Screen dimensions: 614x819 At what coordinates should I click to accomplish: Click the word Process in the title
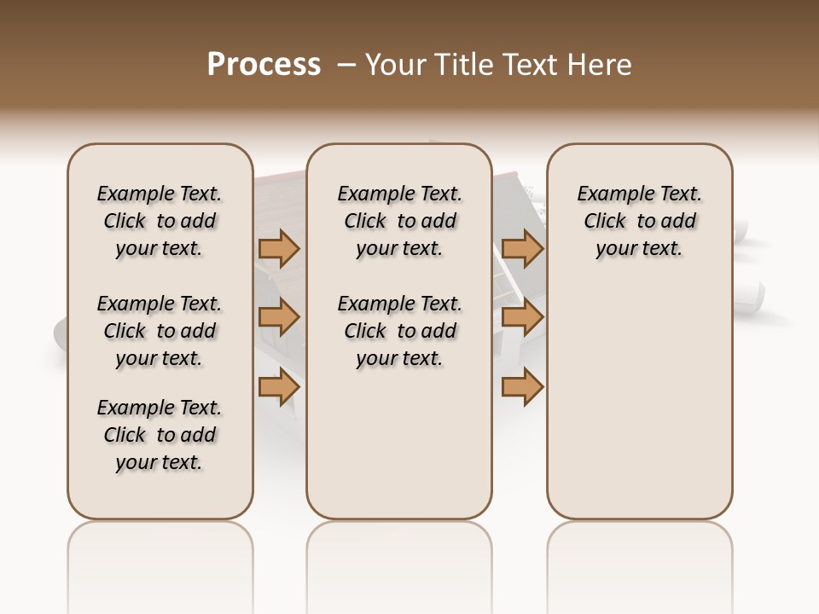pyautogui.click(x=264, y=64)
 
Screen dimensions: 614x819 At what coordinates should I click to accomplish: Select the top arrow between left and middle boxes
pyautogui.click(x=279, y=248)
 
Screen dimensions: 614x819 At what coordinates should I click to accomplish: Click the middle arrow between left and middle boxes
pyautogui.click(x=279, y=317)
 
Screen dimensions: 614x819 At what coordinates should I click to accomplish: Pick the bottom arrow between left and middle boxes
pyautogui.click(x=279, y=386)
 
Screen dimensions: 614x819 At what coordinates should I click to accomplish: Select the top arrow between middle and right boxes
pyautogui.click(x=522, y=248)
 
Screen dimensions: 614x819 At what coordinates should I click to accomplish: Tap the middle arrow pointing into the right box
pyautogui.click(x=522, y=317)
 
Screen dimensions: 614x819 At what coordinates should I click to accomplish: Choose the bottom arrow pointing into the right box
pyautogui.click(x=522, y=386)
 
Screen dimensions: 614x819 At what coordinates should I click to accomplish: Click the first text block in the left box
pyautogui.click(x=160, y=221)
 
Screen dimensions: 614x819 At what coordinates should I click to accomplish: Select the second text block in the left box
pyautogui.click(x=160, y=331)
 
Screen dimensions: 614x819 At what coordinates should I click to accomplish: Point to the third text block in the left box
pyautogui.click(x=160, y=435)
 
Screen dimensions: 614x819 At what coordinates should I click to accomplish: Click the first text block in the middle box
pyautogui.click(x=399, y=221)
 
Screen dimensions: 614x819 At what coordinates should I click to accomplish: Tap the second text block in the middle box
pyautogui.click(x=399, y=331)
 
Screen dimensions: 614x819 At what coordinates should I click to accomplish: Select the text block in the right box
pyautogui.click(x=639, y=221)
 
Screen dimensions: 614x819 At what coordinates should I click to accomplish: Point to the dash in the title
pyautogui.click(x=346, y=65)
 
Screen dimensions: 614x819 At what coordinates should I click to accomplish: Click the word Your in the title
pyautogui.click(x=396, y=65)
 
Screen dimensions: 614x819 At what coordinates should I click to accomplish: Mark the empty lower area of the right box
pyautogui.click(x=639, y=401)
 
